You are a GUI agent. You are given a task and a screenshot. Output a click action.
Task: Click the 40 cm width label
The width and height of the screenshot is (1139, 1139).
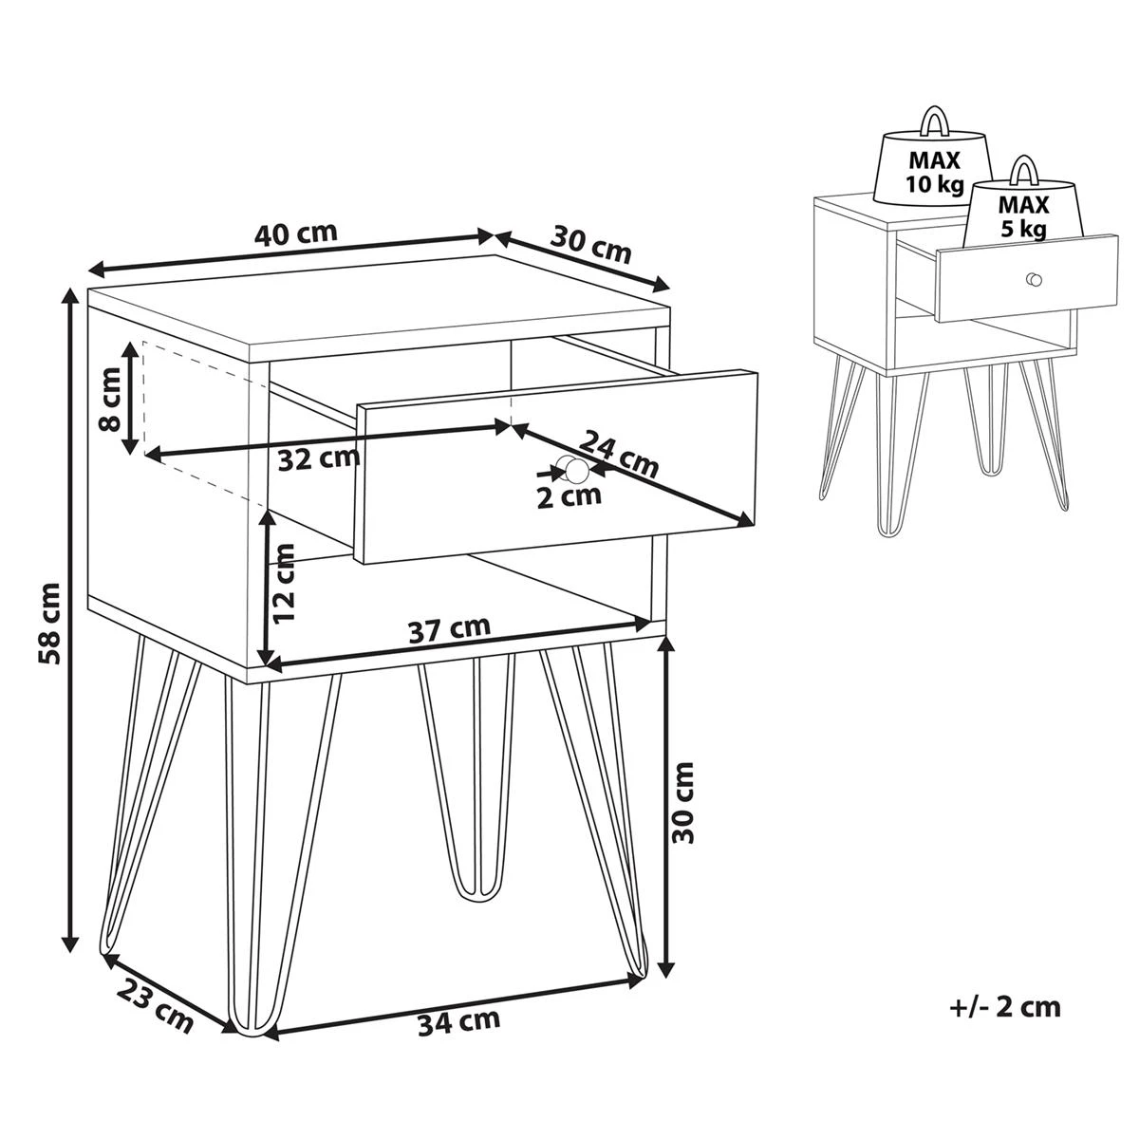point(295,233)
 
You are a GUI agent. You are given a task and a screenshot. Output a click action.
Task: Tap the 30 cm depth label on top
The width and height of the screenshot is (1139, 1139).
point(590,244)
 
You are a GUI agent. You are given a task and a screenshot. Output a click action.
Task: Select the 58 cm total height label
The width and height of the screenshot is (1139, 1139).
point(49,624)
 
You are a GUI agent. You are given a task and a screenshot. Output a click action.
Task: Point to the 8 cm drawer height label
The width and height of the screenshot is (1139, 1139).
point(110,399)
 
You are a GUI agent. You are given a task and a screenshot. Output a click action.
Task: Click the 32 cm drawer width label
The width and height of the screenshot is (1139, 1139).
point(319,458)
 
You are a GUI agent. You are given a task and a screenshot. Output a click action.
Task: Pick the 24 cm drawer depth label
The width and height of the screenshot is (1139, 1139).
point(618,454)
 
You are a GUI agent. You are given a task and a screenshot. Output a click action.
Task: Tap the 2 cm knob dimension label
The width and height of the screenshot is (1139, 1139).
point(569,496)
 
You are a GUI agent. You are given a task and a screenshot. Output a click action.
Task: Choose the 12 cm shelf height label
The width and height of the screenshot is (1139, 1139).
point(284,583)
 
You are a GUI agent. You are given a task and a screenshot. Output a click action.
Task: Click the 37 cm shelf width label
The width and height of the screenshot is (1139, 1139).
point(449,630)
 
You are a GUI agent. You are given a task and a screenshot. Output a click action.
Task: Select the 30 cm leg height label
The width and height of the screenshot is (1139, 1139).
point(682,802)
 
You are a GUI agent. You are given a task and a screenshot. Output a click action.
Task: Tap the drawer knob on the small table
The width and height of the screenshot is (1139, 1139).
point(1034,280)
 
